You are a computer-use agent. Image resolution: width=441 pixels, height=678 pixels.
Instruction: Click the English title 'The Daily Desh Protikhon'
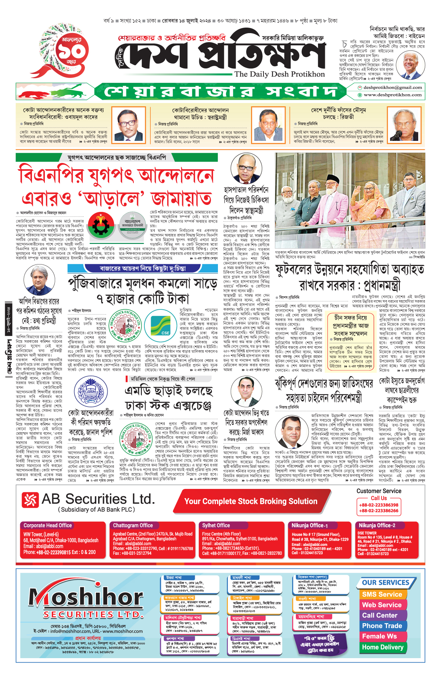(279, 74)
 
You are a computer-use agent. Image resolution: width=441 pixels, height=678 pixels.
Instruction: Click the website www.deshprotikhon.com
(392, 95)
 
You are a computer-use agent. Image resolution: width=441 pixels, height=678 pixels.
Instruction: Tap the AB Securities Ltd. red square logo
(30, 500)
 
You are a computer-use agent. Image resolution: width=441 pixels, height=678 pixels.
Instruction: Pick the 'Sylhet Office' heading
(216, 525)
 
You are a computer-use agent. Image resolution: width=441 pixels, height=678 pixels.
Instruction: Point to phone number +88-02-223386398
(379, 505)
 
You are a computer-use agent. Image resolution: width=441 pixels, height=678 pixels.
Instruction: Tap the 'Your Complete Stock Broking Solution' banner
(251, 501)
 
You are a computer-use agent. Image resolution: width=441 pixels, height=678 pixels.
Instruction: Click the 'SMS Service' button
(382, 594)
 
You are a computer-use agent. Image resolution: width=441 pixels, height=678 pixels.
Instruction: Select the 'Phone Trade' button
(382, 626)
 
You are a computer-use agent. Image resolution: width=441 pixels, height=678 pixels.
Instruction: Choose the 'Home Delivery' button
(383, 647)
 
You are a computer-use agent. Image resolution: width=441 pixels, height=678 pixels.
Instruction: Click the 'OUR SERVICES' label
(386, 583)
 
